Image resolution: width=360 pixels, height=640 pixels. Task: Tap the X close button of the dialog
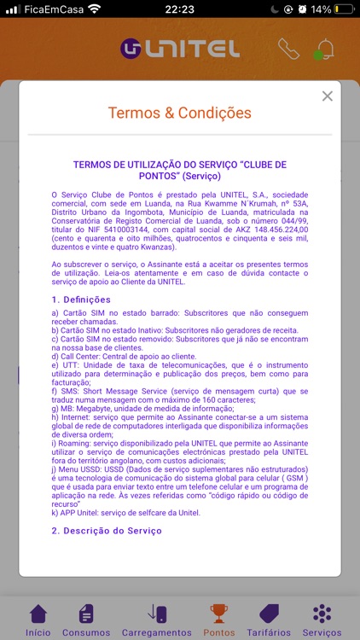pyautogui.click(x=328, y=96)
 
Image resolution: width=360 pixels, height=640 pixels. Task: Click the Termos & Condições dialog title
pyautogui.click(x=179, y=113)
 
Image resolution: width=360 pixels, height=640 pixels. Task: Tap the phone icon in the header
pyautogui.click(x=289, y=49)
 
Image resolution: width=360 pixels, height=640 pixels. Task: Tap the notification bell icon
pyautogui.click(x=324, y=49)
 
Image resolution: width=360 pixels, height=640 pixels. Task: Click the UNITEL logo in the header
pyautogui.click(x=180, y=49)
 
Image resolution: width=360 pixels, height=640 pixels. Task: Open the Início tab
pyautogui.click(x=38, y=620)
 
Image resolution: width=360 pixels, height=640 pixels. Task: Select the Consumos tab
pyautogui.click(x=86, y=620)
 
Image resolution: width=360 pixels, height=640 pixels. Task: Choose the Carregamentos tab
pyautogui.click(x=157, y=620)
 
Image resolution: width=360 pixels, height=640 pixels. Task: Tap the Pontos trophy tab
pyautogui.click(x=221, y=620)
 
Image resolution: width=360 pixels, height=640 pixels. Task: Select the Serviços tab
pyautogui.click(x=322, y=620)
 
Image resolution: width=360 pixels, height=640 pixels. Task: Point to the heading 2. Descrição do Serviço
pyautogui.click(x=106, y=531)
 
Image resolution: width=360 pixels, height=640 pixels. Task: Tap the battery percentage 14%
pyautogui.click(x=321, y=9)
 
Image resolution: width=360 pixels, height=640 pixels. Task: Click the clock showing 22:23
pyautogui.click(x=179, y=9)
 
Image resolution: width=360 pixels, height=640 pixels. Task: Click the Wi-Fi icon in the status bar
pyautogui.click(x=94, y=9)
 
